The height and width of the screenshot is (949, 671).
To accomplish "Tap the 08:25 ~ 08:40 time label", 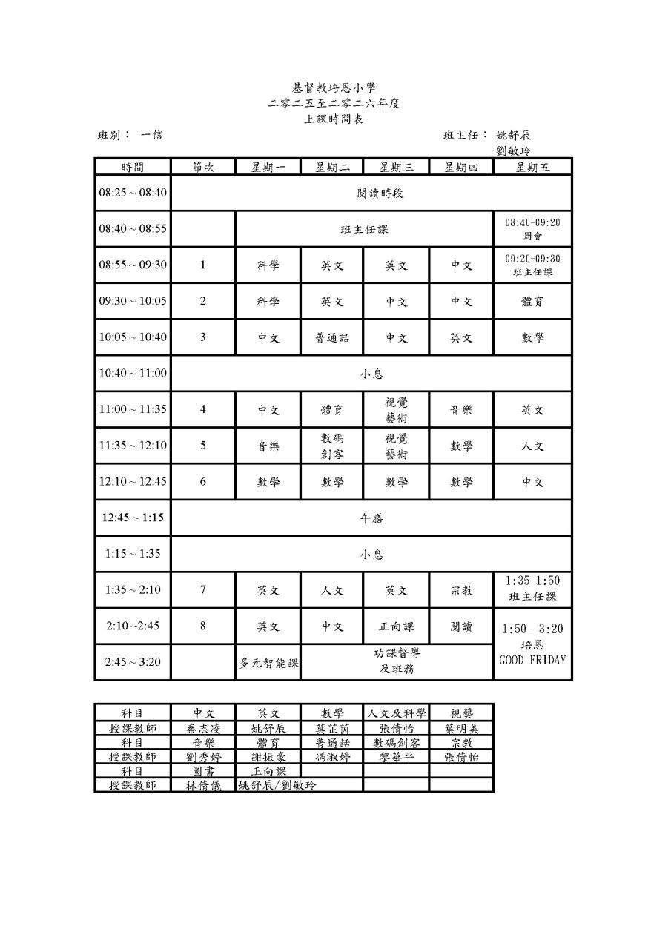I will pyautogui.click(x=133, y=193).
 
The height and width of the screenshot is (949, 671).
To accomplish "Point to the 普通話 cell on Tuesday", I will pyautogui.click(x=332, y=337).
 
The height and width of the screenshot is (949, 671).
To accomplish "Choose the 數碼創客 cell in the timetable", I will pyautogui.click(x=332, y=446).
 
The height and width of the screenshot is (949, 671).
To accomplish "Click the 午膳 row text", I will pyautogui.click(x=371, y=518).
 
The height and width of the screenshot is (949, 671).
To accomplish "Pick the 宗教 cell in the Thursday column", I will pyautogui.click(x=461, y=591).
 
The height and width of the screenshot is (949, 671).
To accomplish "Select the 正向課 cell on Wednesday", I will pyautogui.click(x=396, y=626).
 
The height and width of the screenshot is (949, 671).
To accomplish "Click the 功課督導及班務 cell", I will pyautogui.click(x=397, y=661).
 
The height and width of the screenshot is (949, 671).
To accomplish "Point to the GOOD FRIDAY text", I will pyautogui.click(x=532, y=660).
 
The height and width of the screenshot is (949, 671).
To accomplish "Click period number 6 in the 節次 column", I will pyautogui.click(x=203, y=482).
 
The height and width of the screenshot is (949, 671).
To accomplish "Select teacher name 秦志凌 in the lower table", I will pyautogui.click(x=203, y=728).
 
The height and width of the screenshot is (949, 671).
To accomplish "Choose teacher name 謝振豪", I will pyautogui.click(x=268, y=757).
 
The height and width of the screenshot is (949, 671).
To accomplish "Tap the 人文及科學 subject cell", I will pyautogui.click(x=396, y=713).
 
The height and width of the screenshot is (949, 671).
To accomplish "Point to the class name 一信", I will pyautogui.click(x=152, y=135).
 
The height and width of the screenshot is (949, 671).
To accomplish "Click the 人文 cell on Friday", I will pyautogui.click(x=532, y=446).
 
